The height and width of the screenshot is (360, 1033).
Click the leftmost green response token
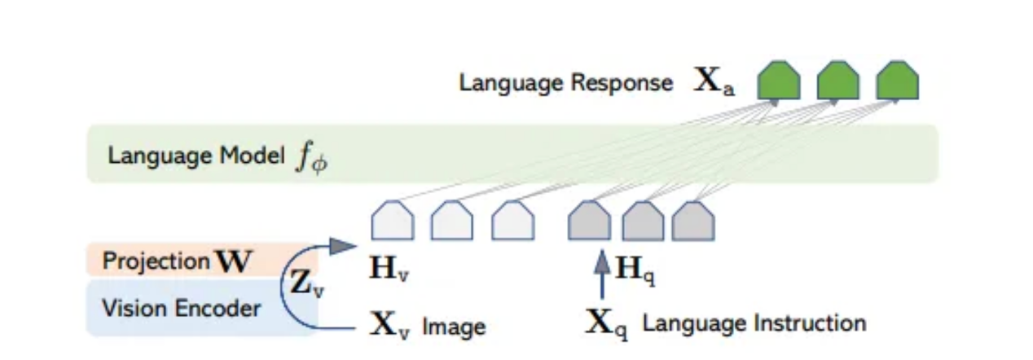778,81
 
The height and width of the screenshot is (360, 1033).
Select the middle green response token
838,81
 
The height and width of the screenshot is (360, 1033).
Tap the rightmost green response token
897,81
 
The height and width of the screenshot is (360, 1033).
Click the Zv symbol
306,284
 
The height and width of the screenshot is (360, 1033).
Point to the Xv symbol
390,326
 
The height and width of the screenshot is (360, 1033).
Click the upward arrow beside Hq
601,273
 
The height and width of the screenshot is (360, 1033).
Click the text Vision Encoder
182,309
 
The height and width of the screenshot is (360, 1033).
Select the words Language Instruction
754,323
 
